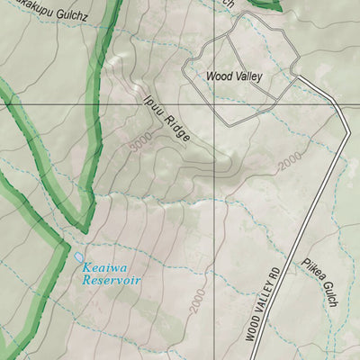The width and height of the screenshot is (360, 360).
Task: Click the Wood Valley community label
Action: tap(233, 76)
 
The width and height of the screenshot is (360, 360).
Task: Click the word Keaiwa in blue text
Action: tap(104, 267)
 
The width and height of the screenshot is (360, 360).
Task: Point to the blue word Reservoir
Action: tap(112, 280)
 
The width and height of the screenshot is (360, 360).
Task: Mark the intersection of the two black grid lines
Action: tap(214, 105)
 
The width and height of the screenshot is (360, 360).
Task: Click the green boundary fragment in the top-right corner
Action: tap(265, 4)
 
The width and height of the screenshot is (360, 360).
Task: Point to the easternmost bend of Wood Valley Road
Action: tap(347, 135)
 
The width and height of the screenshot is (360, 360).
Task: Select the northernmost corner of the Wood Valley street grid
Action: tap(236, 15)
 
